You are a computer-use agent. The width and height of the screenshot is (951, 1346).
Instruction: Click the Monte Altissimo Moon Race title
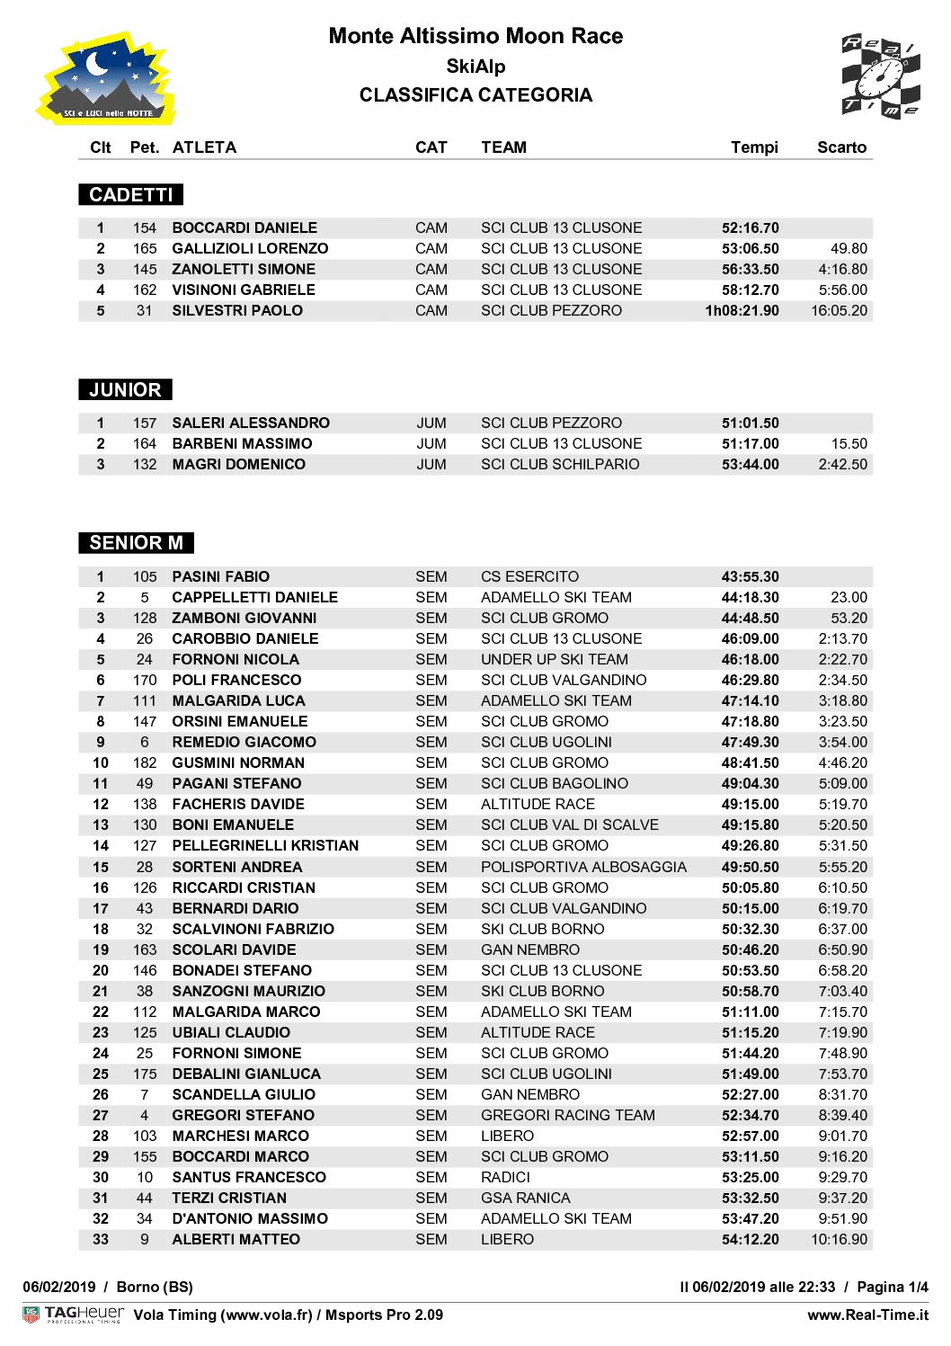coord(475,36)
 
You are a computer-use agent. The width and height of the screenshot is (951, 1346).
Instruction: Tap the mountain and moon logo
coord(106,79)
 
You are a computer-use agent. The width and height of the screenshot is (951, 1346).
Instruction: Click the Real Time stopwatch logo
coord(880,77)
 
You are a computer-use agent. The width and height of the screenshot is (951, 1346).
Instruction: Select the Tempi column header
coord(754,147)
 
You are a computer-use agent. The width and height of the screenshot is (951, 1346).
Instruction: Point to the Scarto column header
coord(841,147)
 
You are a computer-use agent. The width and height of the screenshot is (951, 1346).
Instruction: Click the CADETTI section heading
coord(131,195)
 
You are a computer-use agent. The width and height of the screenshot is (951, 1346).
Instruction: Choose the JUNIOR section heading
coord(125,390)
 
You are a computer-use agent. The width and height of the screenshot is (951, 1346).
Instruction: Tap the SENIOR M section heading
coord(136,543)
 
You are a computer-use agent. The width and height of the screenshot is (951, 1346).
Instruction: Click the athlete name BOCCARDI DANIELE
coord(244,228)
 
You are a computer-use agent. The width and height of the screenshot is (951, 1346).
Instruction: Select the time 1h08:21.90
coord(742,311)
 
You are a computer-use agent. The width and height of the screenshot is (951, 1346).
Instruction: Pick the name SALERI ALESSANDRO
coord(251,423)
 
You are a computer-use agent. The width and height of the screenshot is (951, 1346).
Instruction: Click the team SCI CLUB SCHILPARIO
coord(560,465)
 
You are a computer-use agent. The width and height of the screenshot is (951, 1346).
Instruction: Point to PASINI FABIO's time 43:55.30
coord(750,577)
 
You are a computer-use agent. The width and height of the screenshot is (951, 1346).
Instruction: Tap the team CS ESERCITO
coord(529,577)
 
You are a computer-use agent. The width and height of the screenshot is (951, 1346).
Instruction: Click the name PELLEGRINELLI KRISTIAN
coord(265,846)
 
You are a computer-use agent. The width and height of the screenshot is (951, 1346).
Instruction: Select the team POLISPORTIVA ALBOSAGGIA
coord(583,868)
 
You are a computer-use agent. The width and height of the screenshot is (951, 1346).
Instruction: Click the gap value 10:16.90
coord(839,1240)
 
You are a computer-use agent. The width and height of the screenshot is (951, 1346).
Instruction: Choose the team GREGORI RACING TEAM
coord(567,1116)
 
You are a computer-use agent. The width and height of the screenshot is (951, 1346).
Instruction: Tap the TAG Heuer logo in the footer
coord(74,1315)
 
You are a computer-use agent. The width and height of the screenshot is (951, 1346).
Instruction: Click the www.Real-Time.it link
coord(867,1315)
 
